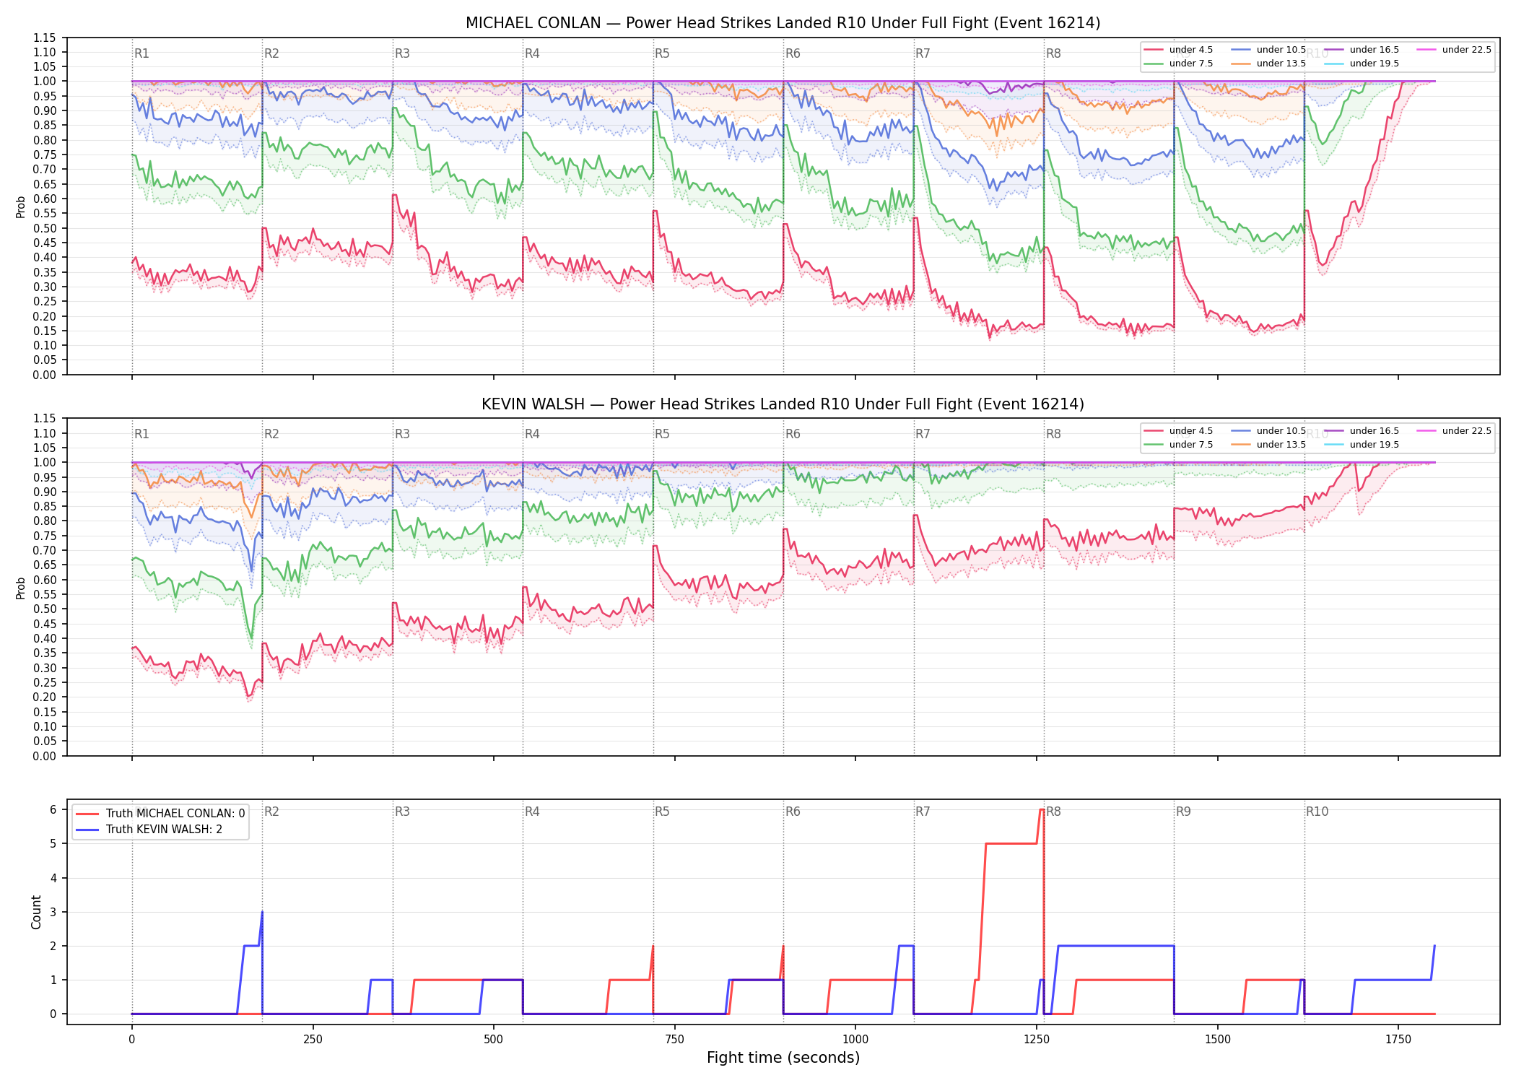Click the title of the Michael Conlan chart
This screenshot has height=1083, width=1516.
pyautogui.click(x=783, y=23)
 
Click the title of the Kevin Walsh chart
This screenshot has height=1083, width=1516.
pyautogui.click(x=783, y=404)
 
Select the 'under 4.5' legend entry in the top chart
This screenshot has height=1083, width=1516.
pyautogui.click(x=1178, y=50)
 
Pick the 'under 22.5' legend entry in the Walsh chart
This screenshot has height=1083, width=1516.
pyautogui.click(x=1454, y=431)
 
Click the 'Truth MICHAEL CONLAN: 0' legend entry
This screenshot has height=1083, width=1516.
pyautogui.click(x=160, y=813)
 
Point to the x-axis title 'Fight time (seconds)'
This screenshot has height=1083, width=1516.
pyautogui.click(x=783, y=1058)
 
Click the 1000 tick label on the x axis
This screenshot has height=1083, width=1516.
pyautogui.click(x=855, y=1040)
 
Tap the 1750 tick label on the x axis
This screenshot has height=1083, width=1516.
pyautogui.click(x=1398, y=1040)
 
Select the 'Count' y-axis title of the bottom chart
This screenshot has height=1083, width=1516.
pyautogui.click(x=36, y=912)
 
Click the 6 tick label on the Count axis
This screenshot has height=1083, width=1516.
pyautogui.click(x=53, y=810)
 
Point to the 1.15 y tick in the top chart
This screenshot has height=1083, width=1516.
pyautogui.click(x=45, y=38)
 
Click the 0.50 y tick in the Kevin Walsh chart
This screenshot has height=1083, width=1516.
pyautogui.click(x=45, y=609)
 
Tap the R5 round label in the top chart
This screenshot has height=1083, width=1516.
pyautogui.click(x=662, y=53)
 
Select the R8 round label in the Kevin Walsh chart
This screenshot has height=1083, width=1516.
pyautogui.click(x=1053, y=434)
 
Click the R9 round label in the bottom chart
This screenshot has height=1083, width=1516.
pyautogui.click(x=1183, y=812)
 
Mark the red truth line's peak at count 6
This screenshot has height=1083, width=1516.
pyautogui.click(x=1041, y=810)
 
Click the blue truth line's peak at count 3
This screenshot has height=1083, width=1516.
pyautogui.click(x=262, y=912)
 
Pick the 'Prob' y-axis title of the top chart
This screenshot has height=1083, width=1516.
pyautogui.click(x=21, y=206)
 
